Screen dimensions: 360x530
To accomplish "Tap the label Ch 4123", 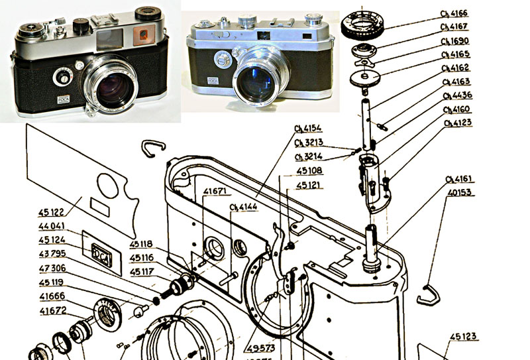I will coord(458,123).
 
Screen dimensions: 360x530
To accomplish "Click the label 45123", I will coord(463,337).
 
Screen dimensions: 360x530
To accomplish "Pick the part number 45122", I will coord(52,213).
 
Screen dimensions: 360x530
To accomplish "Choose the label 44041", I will coord(52,227).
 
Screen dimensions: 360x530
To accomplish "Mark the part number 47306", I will coord(52,268).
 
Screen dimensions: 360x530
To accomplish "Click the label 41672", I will coord(52,310).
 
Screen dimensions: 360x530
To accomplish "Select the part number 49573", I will coord(262,348).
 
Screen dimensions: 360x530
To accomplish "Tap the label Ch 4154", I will coord(307,128).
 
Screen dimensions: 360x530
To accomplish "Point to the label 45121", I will coord(309,185).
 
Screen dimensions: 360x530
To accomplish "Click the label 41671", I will coord(215,192).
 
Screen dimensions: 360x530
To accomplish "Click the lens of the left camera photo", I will coord(114,90).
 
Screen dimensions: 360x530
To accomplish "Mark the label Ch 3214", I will coord(309,157).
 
